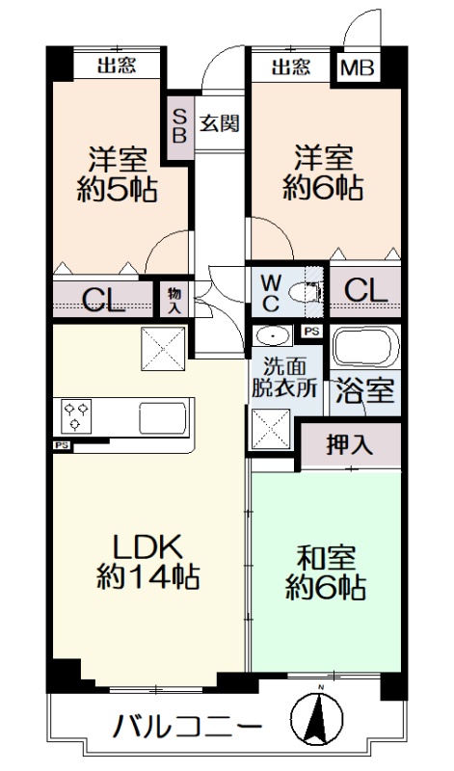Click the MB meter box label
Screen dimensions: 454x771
pos(358,67)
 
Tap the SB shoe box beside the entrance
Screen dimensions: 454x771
pos(179,127)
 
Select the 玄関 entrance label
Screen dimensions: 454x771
pos(220,123)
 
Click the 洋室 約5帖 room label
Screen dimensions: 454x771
pos(117,174)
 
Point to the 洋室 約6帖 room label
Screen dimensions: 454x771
pos(323,173)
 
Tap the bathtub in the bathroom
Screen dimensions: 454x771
pos(365,346)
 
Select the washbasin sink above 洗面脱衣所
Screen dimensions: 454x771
pos(272,335)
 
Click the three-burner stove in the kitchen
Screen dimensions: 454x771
pos(75,415)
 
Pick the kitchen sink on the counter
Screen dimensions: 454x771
pos(163,418)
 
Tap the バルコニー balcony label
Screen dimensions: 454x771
pos(187,727)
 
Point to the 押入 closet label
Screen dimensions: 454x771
pos(350,445)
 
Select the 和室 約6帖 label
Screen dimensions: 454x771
pos(326,572)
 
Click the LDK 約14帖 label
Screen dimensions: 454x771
pos(148,561)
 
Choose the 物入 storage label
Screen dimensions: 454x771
pos(174,302)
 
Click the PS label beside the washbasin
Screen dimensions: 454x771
pos(311,332)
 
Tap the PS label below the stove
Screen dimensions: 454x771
pos(62,446)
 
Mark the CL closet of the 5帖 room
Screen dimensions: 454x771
pos(103,299)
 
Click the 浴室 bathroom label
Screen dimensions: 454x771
pos(365,392)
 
